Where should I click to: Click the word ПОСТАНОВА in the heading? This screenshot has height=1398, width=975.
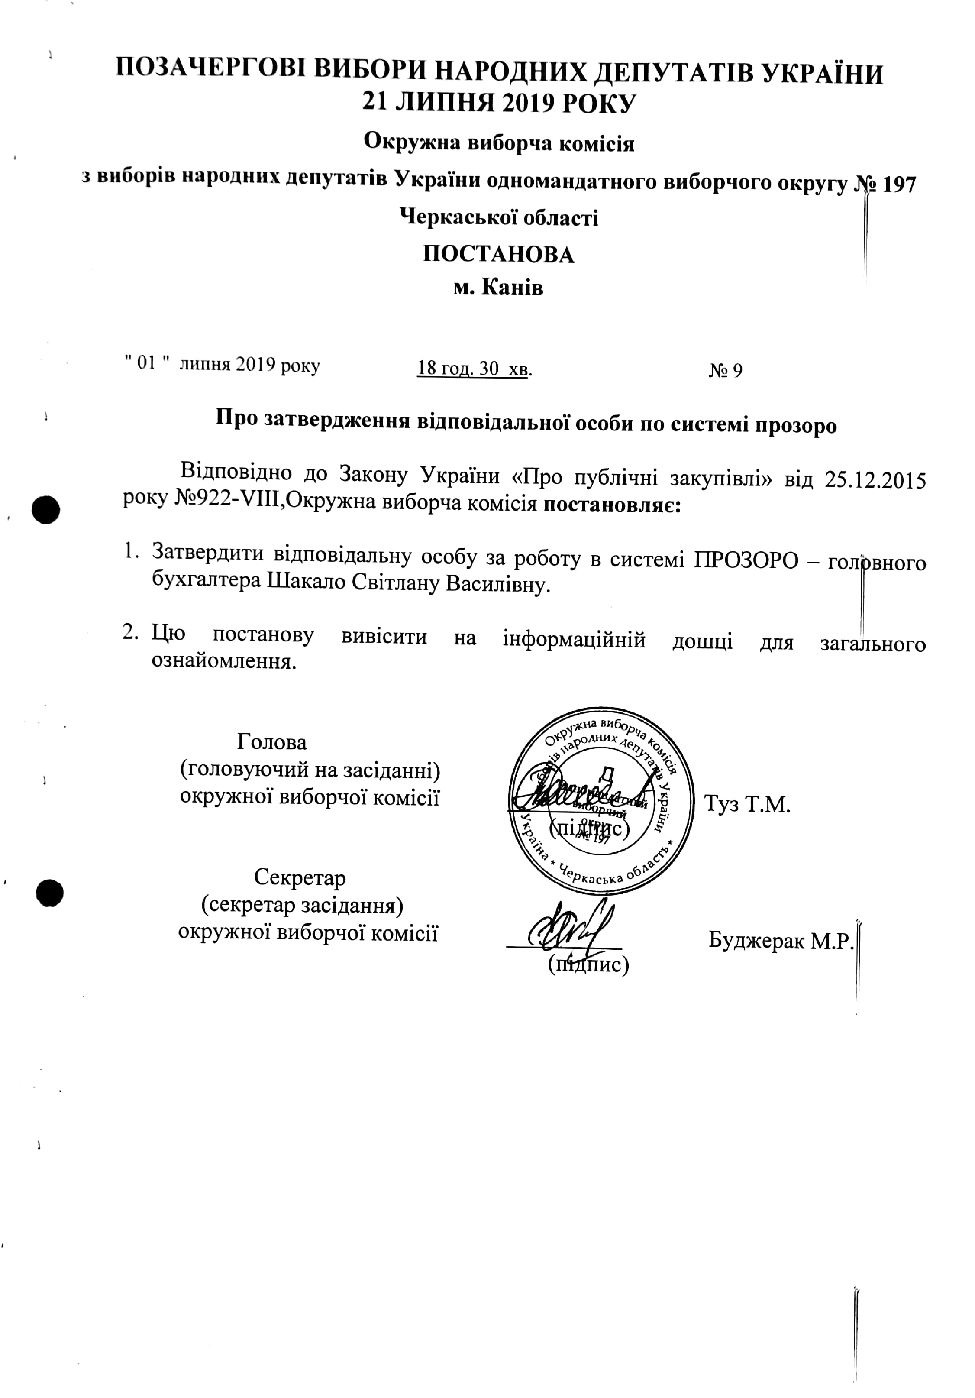point(498,255)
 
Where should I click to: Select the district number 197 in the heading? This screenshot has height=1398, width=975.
point(898,184)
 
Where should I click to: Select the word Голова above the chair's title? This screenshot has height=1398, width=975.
point(271,741)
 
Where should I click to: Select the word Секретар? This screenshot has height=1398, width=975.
point(300,877)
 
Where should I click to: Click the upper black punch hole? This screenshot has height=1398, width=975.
point(46,510)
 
